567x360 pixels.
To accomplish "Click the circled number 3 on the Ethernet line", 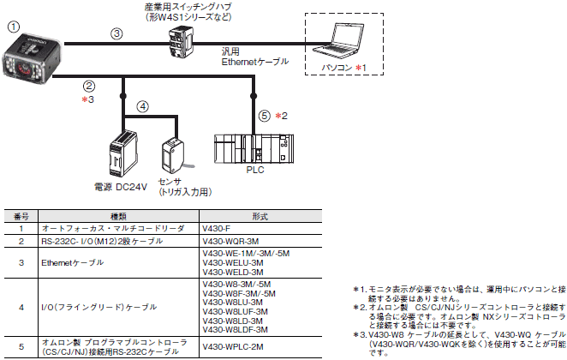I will coord(117,33).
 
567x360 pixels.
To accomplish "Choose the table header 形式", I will coord(238,218).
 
